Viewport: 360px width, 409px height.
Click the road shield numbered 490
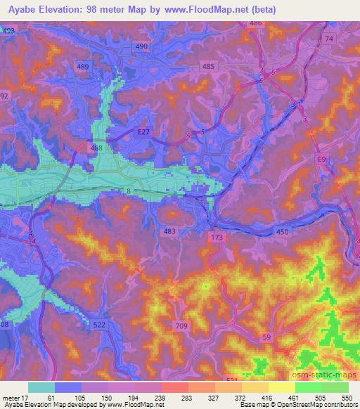click(x=142, y=46)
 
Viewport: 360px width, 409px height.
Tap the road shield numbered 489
click(x=83, y=66)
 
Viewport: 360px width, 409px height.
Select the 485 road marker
click(x=208, y=66)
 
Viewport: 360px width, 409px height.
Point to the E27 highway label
click(x=143, y=131)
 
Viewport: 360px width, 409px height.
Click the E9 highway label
click(x=321, y=160)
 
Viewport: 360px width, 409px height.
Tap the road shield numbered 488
click(x=96, y=148)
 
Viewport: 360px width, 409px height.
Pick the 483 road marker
click(x=169, y=231)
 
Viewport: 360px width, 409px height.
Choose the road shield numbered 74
click(x=328, y=39)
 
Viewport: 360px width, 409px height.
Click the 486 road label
click(x=255, y=23)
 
